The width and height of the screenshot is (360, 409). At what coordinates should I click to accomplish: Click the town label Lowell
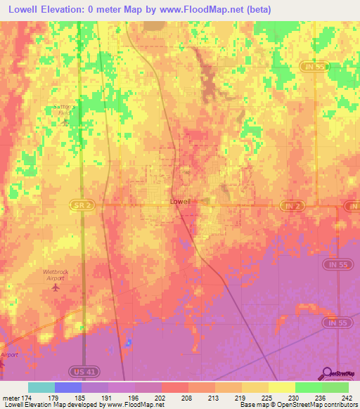[181, 201]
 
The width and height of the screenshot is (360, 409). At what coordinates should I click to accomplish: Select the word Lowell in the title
[25, 9]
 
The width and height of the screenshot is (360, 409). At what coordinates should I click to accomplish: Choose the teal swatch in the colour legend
[41, 387]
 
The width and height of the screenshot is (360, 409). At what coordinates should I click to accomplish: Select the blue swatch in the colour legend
[68, 387]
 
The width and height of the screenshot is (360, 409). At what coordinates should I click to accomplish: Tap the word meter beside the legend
[11, 398]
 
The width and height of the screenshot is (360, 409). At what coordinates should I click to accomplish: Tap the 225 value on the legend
[266, 398]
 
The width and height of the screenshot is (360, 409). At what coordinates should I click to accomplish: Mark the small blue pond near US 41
[128, 343]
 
